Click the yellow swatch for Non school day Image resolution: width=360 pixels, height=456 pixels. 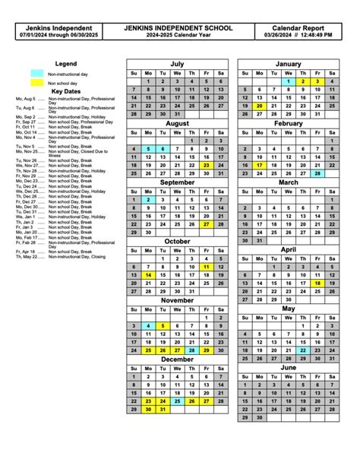click(x=36, y=83)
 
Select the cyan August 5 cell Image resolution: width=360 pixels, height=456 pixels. click(x=148, y=149)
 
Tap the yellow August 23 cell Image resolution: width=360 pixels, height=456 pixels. click(x=206, y=165)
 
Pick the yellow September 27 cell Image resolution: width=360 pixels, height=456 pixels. click(x=206, y=224)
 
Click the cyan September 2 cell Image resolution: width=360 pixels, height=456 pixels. click(x=148, y=199)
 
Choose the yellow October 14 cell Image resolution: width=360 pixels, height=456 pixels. click(x=148, y=275)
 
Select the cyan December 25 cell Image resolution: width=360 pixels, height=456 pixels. click(x=177, y=401)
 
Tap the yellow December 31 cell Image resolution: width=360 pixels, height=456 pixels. click(x=163, y=409)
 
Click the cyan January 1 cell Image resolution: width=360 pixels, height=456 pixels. click(x=289, y=81)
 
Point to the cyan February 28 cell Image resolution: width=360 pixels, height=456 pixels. click(x=317, y=173)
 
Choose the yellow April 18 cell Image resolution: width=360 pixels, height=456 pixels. click(x=317, y=283)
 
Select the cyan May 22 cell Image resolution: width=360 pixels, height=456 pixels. click(x=303, y=350)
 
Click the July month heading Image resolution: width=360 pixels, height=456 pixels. click(x=177, y=64)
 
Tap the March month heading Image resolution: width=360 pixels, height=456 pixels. click(x=289, y=182)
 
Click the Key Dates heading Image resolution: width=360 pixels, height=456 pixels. click(x=65, y=90)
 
